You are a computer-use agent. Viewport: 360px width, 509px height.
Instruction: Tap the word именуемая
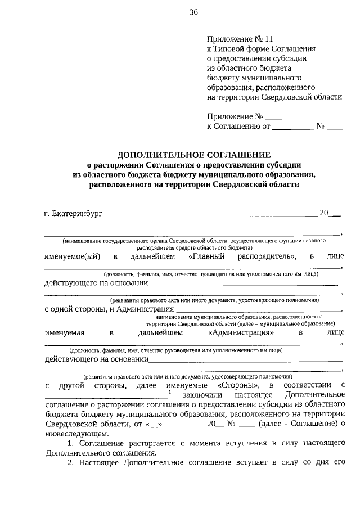point(65,332)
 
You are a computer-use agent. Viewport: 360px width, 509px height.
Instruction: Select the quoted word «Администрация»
point(241,332)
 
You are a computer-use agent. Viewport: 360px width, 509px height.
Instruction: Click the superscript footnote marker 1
point(169,391)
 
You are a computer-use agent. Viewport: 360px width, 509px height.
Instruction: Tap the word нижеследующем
point(73,434)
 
